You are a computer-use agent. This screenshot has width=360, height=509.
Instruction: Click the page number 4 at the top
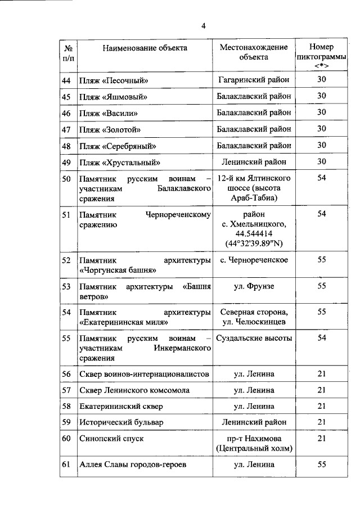click(x=204, y=25)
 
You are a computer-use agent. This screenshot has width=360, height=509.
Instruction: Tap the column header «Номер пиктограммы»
click(x=321, y=56)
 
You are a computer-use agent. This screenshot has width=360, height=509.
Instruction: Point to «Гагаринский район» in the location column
click(x=253, y=80)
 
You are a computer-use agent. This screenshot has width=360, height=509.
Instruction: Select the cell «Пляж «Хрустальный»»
click(x=117, y=162)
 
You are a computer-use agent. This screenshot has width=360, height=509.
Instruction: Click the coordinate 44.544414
click(x=254, y=233)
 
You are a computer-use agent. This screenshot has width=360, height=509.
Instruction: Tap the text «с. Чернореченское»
click(x=254, y=260)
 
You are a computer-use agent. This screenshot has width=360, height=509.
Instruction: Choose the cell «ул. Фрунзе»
click(x=254, y=286)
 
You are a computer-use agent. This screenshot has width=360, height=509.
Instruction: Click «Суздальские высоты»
click(x=255, y=338)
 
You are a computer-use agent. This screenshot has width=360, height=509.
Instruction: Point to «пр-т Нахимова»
click(x=254, y=438)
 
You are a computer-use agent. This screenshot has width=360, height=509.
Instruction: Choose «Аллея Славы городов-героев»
click(x=132, y=464)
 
